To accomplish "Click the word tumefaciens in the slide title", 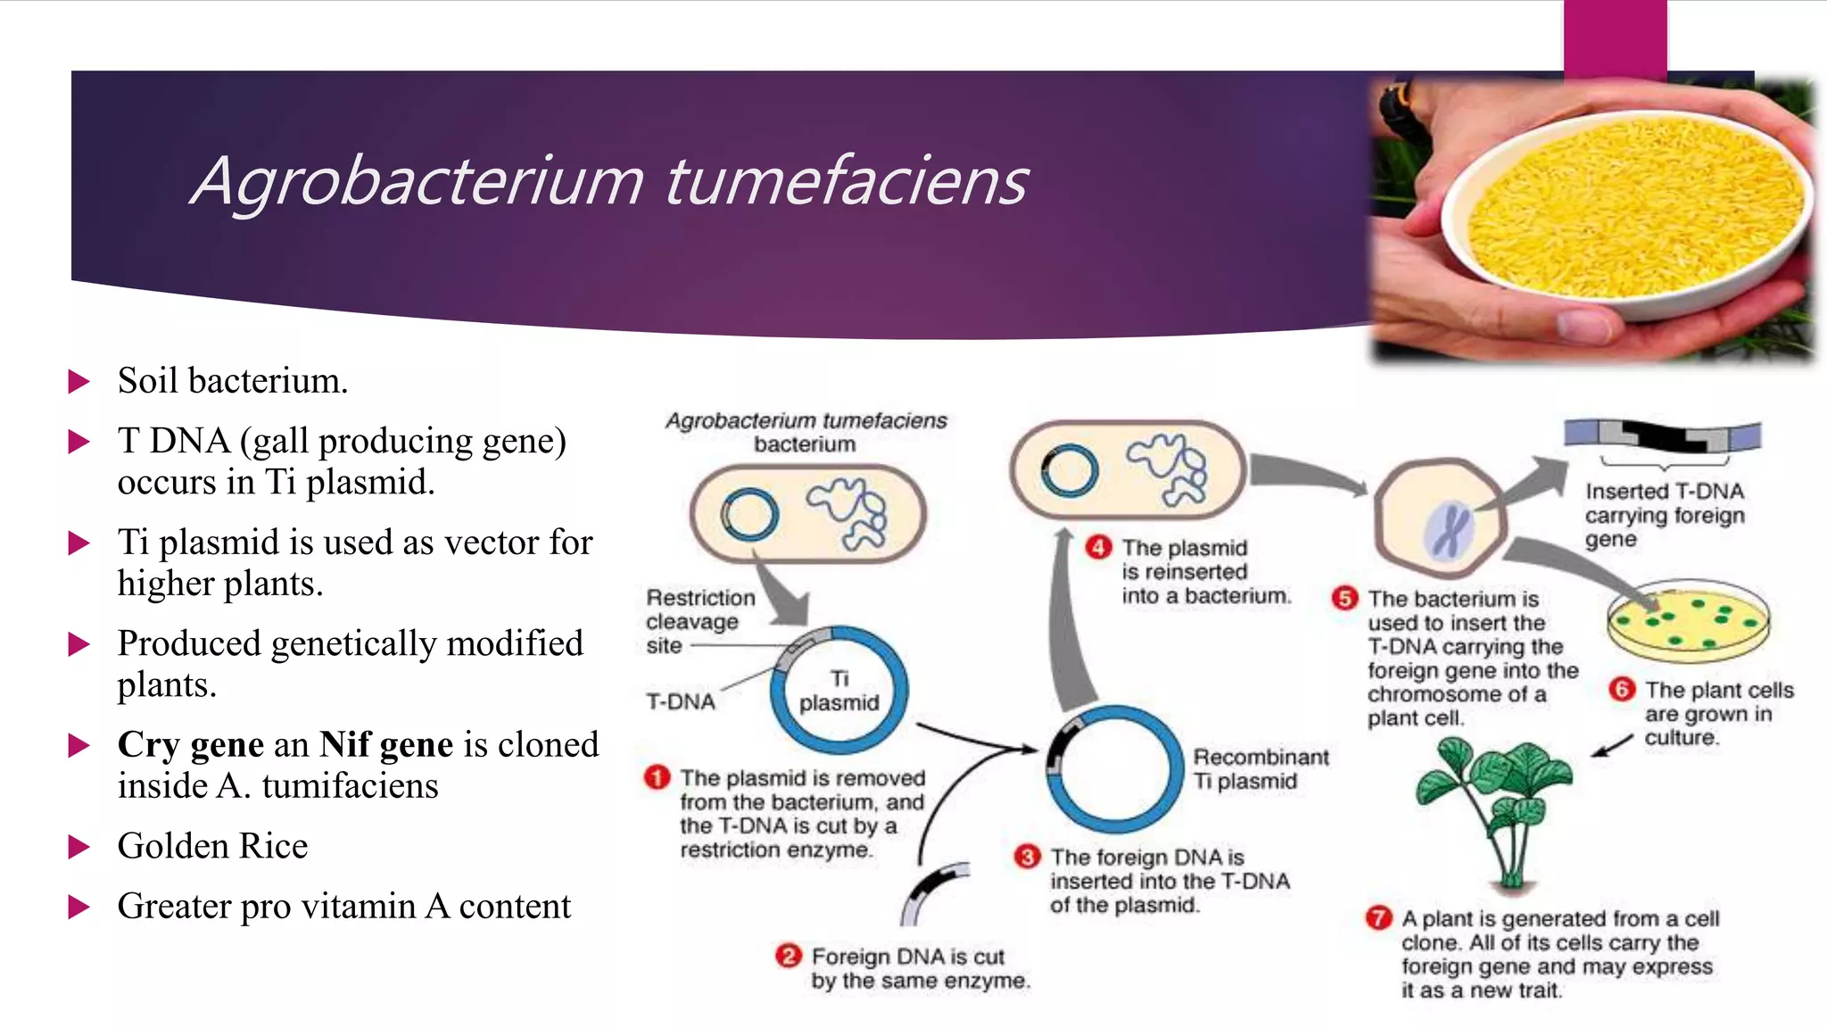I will pos(846,181).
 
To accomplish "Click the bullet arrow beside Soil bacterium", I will pos(79,382).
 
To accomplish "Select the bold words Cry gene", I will pos(191,744).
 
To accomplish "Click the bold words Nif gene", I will pos(386,744).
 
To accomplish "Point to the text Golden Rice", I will pos(212,846).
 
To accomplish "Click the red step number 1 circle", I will pos(657,777).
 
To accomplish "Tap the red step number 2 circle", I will pos(789,956).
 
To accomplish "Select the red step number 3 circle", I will pos(1028,857).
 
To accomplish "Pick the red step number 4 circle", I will pos(1098,547).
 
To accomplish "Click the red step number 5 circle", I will pos(1344,598).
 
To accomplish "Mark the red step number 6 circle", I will pos(1622,689).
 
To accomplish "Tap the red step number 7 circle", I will pos(1378,917).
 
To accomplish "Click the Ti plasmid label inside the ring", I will pos(839,691).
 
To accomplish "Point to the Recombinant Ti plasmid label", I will pos(1260,768).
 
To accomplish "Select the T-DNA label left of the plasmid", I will pos(681,701).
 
